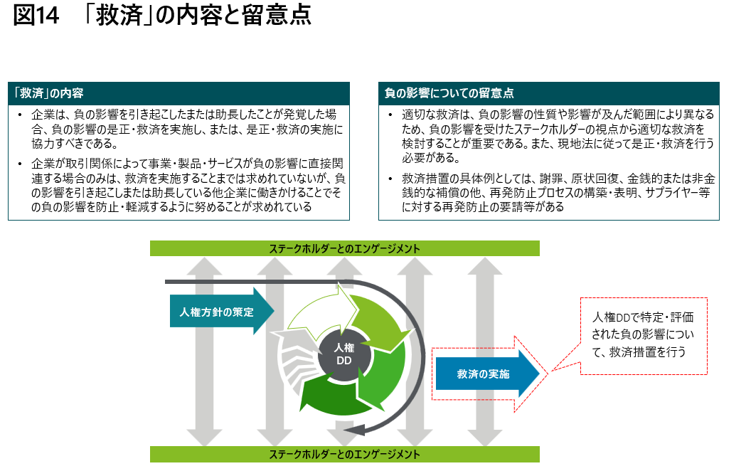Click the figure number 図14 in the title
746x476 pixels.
tap(36, 15)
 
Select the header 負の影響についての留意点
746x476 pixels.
tap(449, 93)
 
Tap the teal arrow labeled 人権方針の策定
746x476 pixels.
tap(222, 312)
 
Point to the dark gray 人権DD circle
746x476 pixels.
tap(343, 354)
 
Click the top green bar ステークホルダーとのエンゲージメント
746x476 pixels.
tap(344, 248)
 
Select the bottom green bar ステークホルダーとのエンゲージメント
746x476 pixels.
tap(344, 454)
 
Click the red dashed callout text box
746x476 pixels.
tap(643, 336)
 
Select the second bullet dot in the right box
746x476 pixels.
tap(390, 179)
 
